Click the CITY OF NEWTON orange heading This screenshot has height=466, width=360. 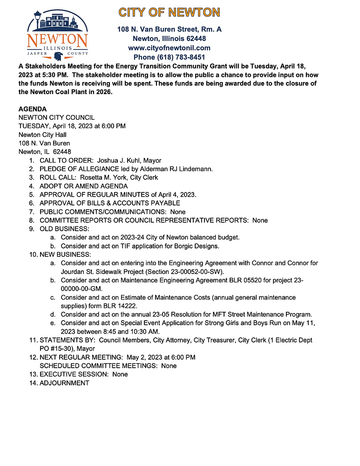[x=169, y=13]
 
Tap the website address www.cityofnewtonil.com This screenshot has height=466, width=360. [x=169, y=48]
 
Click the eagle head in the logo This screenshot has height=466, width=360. [x=58, y=57]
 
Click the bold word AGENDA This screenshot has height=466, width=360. [x=32, y=109]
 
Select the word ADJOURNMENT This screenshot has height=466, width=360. [x=64, y=383]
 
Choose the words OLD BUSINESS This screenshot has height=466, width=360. [x=64, y=229]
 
